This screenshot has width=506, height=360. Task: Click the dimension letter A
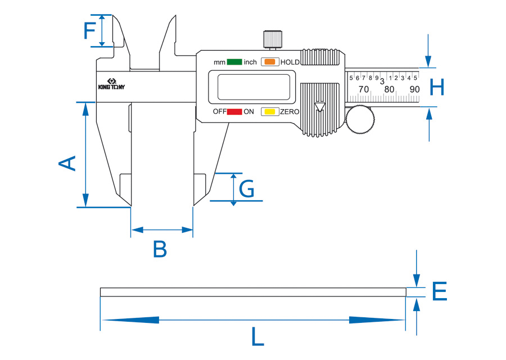click(x=67, y=164)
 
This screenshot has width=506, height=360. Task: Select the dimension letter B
click(x=160, y=249)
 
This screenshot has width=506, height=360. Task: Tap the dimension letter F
click(x=91, y=30)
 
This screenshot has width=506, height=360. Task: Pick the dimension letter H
click(x=437, y=87)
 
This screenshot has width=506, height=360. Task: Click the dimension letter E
click(x=440, y=291)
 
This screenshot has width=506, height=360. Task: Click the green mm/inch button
click(x=234, y=62)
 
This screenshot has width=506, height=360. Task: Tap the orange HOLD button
click(x=270, y=62)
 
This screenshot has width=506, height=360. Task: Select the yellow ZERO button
click(x=270, y=112)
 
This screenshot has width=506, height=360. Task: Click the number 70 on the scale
click(x=364, y=89)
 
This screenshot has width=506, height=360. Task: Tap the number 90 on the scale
click(x=414, y=89)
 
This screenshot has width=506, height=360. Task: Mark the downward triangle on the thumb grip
click(x=320, y=107)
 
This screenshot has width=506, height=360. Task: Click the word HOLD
click(x=290, y=62)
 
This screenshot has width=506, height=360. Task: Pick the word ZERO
click(x=290, y=112)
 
